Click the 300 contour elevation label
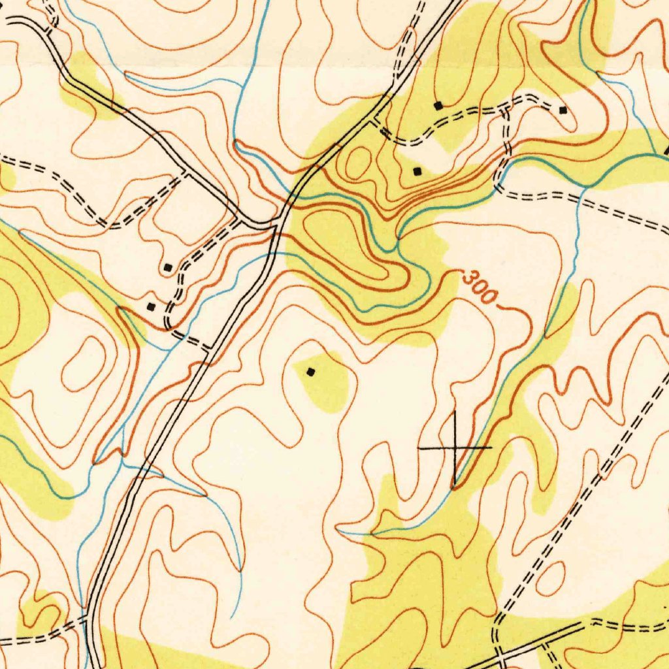[478, 286]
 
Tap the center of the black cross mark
[454, 448]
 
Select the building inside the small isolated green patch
[311, 372]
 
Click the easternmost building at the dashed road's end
[563, 110]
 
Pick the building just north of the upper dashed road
[438, 105]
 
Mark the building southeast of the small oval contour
[417, 171]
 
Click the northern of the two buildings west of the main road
[168, 267]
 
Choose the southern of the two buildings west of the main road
[152, 306]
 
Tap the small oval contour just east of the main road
[357, 163]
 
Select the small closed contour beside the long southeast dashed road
[551, 578]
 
